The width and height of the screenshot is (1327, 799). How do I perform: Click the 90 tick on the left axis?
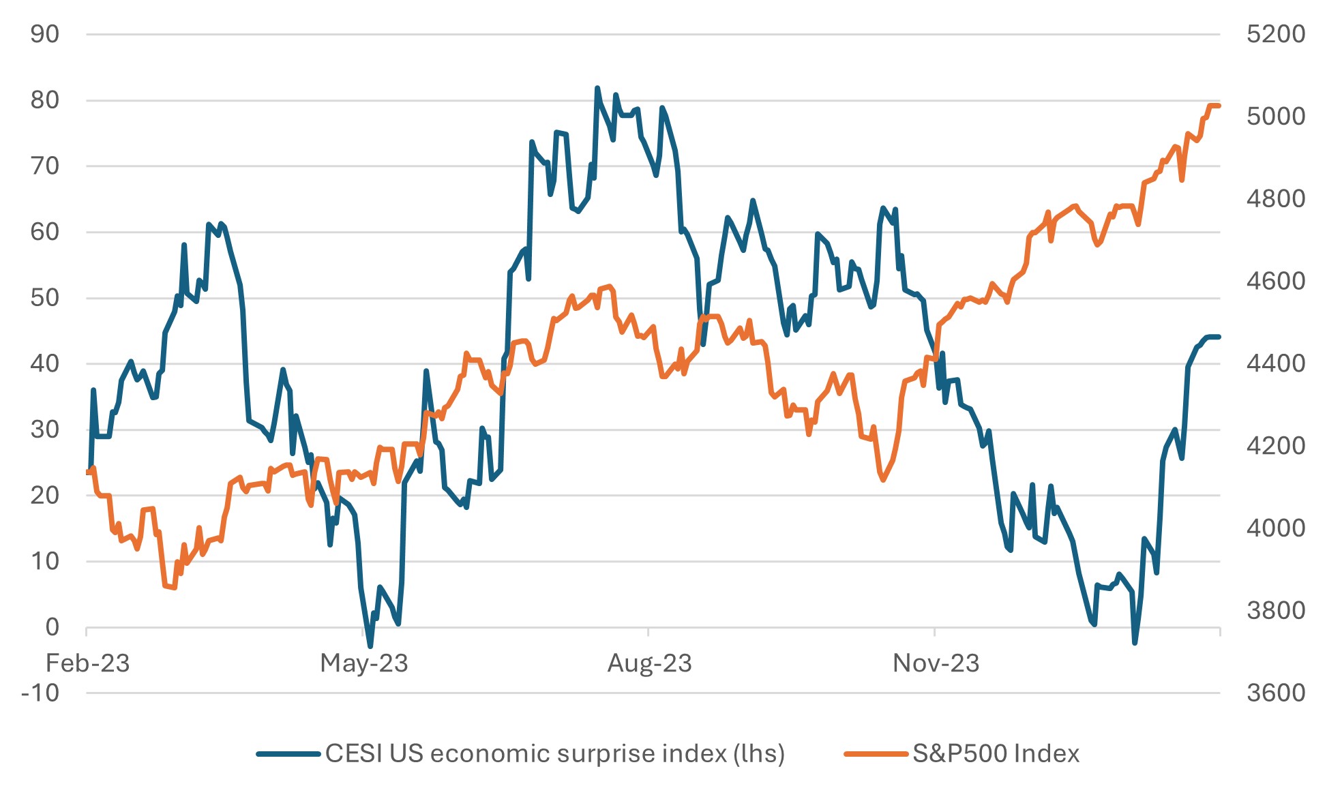pyautogui.click(x=45, y=34)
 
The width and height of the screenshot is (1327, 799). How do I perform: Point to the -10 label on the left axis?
pyautogui.click(x=40, y=693)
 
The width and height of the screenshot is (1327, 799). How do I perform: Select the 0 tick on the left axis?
pyautogui.click(x=53, y=627)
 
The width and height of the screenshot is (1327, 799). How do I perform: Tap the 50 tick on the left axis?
pyautogui.click(x=45, y=298)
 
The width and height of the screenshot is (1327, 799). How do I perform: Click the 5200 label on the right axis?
pyautogui.click(x=1275, y=34)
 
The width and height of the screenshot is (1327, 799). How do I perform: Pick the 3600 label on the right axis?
pyautogui.click(x=1275, y=693)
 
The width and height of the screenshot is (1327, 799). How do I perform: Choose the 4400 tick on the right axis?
pyautogui.click(x=1275, y=363)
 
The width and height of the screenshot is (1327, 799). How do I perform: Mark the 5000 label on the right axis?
pyautogui.click(x=1275, y=117)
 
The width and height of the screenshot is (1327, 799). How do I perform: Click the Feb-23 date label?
pyautogui.click(x=87, y=663)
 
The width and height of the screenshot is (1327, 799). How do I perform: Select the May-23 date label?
pyautogui.click(x=364, y=663)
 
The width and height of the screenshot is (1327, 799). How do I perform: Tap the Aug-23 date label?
pyautogui.click(x=649, y=663)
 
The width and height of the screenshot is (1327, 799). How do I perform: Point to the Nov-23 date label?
pyautogui.click(x=936, y=663)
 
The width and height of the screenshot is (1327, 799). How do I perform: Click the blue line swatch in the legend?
pyautogui.click(x=288, y=754)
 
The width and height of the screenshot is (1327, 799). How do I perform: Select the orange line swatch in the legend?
pyautogui.click(x=876, y=754)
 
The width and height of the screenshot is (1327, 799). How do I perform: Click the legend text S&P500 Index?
pyautogui.click(x=996, y=754)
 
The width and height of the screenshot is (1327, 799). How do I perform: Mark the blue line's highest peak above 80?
pyautogui.click(x=597, y=88)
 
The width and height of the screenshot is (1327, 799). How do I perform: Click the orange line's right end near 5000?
pyautogui.click(x=1219, y=106)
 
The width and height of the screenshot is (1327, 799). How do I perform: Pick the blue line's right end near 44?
pyautogui.click(x=1219, y=337)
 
